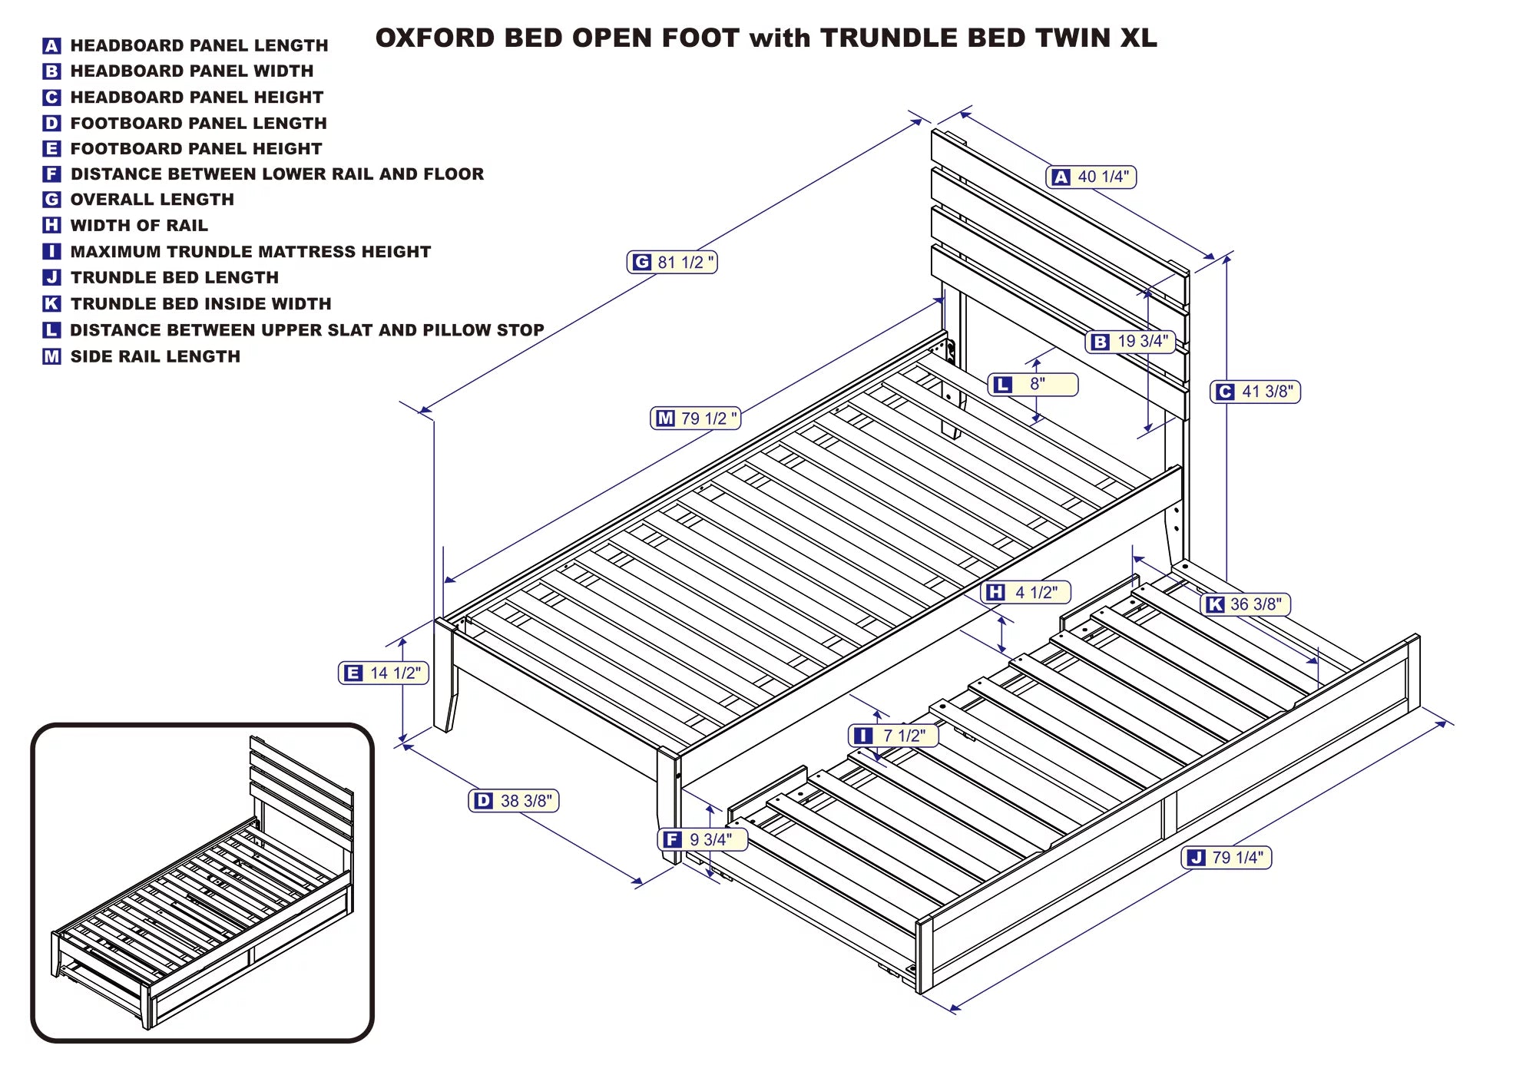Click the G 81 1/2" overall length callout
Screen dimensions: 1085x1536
pos(672,263)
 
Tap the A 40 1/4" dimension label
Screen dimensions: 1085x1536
pos(1091,177)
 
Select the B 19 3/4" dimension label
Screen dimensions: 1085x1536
pos(1130,342)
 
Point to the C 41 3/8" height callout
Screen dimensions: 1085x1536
pos(1255,392)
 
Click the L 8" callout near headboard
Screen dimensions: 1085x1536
pos(1032,384)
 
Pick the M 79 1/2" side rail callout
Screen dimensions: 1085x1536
pos(695,418)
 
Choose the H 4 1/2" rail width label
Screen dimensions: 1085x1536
pos(1025,592)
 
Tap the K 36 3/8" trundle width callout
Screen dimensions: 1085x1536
pos(1245,604)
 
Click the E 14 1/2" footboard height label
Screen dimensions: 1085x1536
pos(383,673)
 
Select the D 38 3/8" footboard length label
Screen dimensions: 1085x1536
pos(514,801)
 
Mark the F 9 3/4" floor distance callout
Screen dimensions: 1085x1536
pos(702,839)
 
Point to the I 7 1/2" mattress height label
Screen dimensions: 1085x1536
pos(892,736)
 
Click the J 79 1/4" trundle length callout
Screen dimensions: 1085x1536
pos(1226,858)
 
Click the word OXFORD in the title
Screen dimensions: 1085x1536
pos(435,38)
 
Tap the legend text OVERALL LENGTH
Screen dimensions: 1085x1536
pos(152,200)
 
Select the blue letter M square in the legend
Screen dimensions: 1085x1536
pos(51,356)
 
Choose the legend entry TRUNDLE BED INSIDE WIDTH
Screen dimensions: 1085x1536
pos(200,304)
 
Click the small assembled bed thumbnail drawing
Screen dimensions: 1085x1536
pos(202,883)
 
